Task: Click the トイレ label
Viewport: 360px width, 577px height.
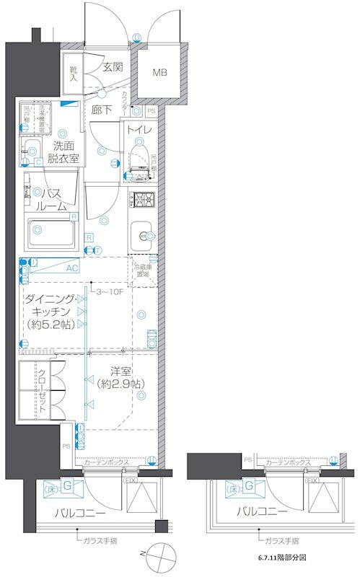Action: (139, 131)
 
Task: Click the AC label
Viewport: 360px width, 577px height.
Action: (72, 268)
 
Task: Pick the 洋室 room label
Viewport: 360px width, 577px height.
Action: (120, 371)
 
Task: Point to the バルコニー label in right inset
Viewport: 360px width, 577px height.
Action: (263, 511)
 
